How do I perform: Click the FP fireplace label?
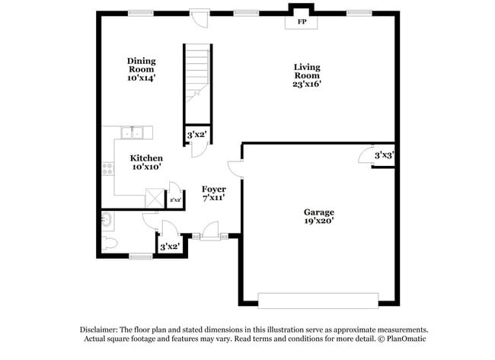point(302,21)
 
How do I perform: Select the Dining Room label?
point(141,69)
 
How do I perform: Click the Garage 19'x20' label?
point(318,216)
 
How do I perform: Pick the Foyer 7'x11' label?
point(212,193)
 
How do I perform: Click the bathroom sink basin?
point(107,221)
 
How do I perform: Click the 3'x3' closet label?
point(384,155)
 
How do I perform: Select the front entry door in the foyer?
point(210,231)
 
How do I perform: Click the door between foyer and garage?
point(236,170)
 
